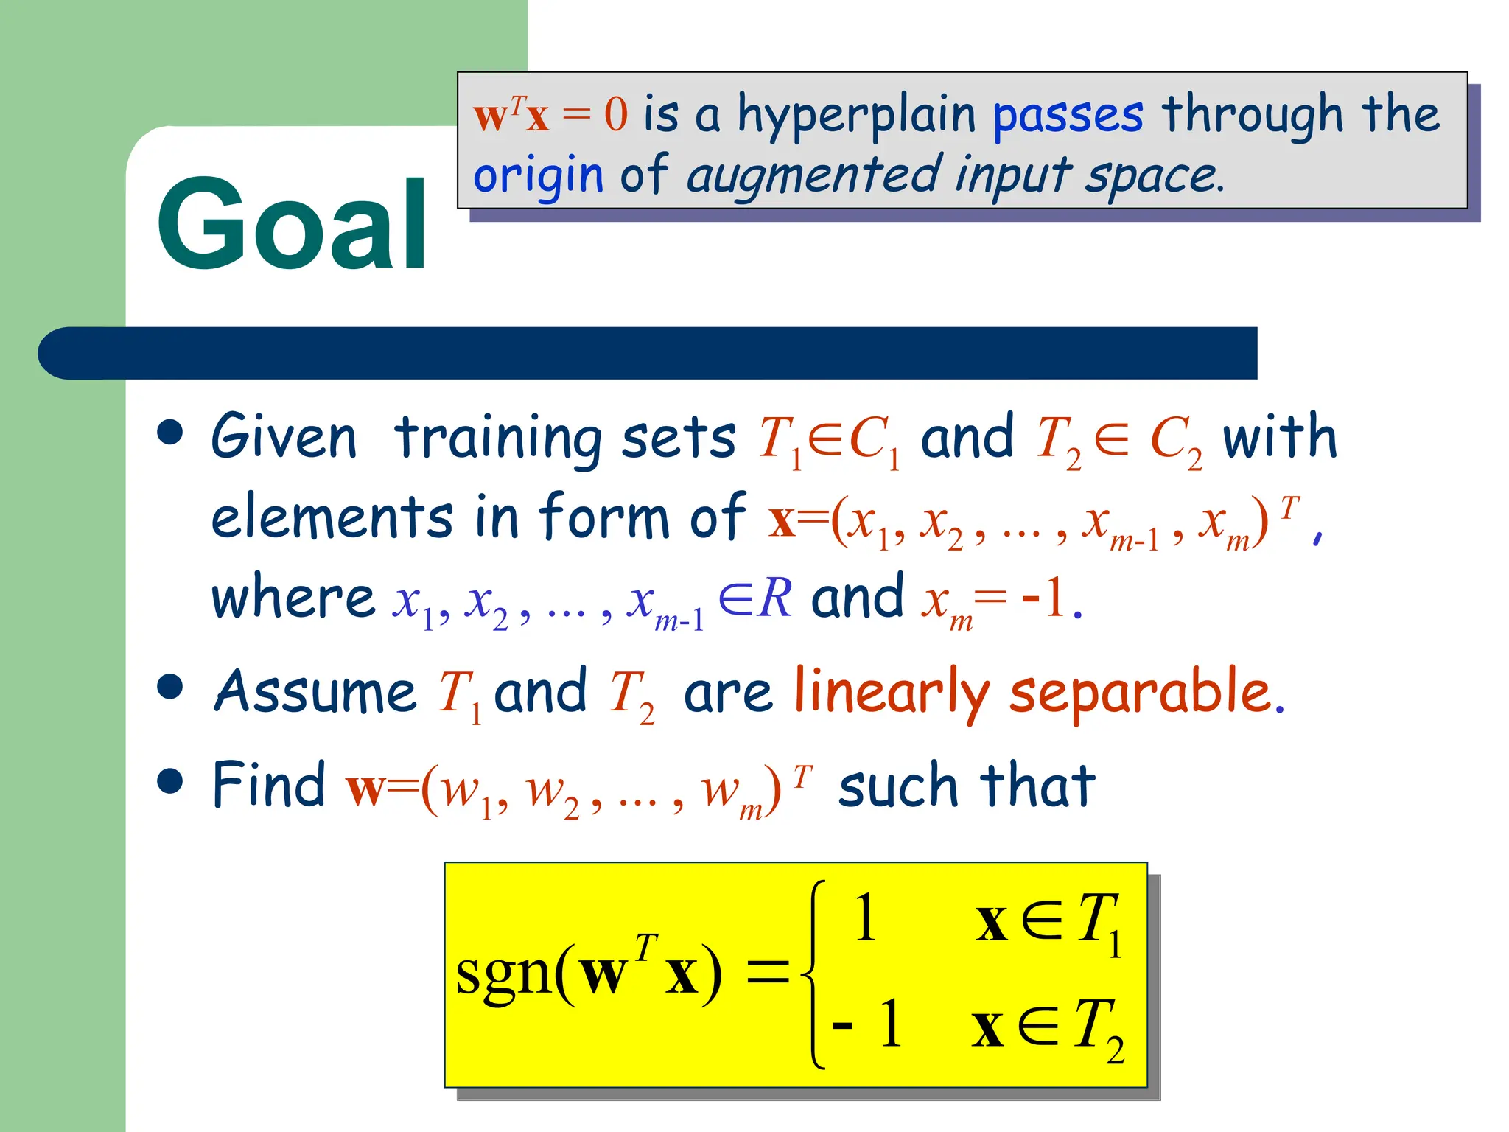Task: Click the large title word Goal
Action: pos(292,225)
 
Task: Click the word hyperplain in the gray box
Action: pos(856,116)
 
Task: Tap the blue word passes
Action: pos(1068,116)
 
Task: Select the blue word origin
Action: pos(538,177)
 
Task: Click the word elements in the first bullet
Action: pos(332,517)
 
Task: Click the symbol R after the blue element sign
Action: pos(777,597)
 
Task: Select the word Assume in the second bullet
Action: pos(315,693)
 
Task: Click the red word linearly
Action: pos(891,693)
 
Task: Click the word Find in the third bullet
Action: pos(269,786)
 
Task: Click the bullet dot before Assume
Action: pos(170,687)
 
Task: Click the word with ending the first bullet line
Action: pos(1280,438)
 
